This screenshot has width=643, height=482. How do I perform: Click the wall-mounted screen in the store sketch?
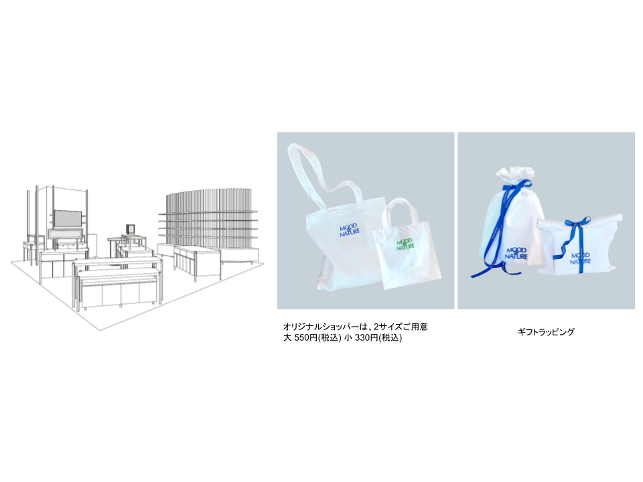(x=67, y=219)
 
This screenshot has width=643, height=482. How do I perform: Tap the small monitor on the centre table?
(x=129, y=228)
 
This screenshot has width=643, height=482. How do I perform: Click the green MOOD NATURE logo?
(x=406, y=244)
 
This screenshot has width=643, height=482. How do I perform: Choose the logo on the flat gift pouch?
(x=581, y=258)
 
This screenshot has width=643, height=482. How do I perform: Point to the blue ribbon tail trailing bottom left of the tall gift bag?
(x=484, y=271)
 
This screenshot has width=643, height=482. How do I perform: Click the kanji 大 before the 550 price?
(x=287, y=338)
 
